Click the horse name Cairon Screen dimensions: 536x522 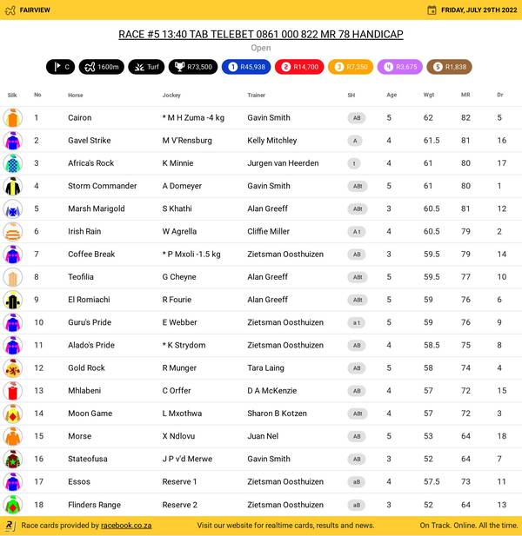point(79,117)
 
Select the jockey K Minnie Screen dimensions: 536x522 point(177,163)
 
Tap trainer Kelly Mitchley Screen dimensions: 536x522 point(271,140)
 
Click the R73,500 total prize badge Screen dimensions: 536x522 point(191,67)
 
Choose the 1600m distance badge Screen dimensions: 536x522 point(101,67)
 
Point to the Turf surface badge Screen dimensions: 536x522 point(146,67)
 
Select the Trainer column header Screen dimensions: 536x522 point(256,95)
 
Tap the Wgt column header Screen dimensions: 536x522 point(429,95)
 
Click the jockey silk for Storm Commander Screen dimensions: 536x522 point(12,186)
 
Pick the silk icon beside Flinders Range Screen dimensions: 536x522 point(12,505)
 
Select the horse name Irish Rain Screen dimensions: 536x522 point(84,231)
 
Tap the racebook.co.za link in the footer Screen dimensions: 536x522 point(126,526)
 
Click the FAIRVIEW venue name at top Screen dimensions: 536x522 point(35,10)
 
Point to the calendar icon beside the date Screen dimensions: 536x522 point(432,10)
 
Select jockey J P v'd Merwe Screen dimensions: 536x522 point(187,459)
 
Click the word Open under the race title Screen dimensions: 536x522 point(260,48)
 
